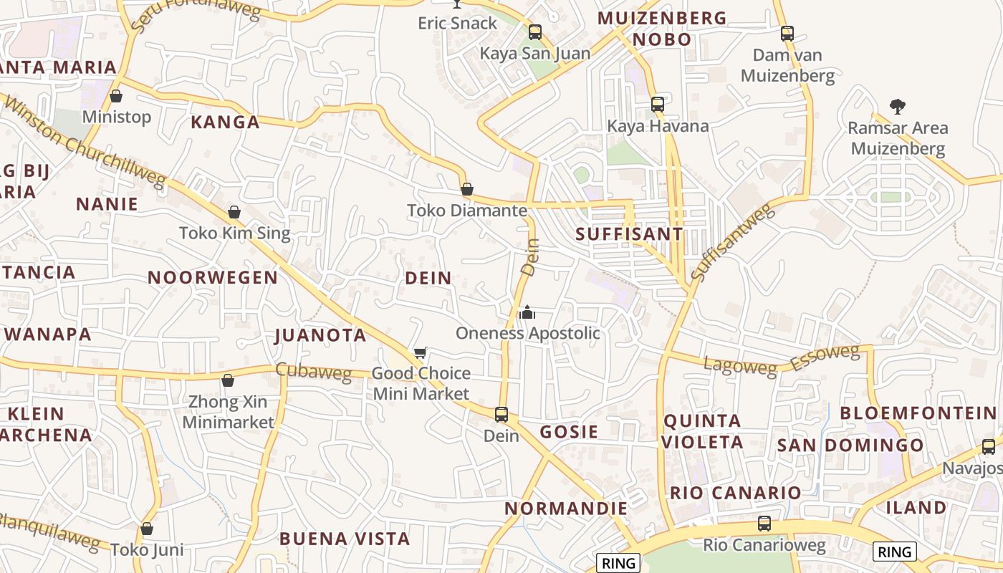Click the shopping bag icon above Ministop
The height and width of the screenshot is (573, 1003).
pyautogui.click(x=116, y=96)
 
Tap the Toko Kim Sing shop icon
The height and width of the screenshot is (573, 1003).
pyautogui.click(x=234, y=212)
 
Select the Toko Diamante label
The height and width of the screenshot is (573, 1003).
pyautogui.click(x=467, y=211)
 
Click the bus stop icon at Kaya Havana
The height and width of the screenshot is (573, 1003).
pyautogui.click(x=658, y=105)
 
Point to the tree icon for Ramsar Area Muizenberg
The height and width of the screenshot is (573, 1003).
pyautogui.click(x=897, y=107)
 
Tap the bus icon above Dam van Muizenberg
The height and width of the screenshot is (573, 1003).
pyautogui.click(x=787, y=33)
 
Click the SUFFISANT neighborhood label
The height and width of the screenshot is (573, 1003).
pyautogui.click(x=630, y=234)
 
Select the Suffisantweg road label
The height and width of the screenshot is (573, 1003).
pyautogui.click(x=733, y=241)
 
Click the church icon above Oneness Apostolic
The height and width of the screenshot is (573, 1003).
pyautogui.click(x=527, y=312)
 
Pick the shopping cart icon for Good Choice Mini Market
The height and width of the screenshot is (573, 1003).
pyautogui.click(x=421, y=352)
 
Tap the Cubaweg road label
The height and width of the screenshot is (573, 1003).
pyautogui.click(x=313, y=372)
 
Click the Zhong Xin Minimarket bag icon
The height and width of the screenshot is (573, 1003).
pyautogui.click(x=228, y=380)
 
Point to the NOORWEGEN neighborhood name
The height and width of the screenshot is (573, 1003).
pyautogui.click(x=213, y=278)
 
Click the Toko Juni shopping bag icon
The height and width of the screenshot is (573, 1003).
pyautogui.click(x=147, y=529)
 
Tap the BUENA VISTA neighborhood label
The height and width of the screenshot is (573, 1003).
pyautogui.click(x=345, y=539)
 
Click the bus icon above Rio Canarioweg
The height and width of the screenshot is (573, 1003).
pyautogui.click(x=764, y=524)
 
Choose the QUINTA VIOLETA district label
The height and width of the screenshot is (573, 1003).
pyautogui.click(x=702, y=431)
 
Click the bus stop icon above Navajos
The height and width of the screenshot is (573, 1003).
pyautogui.click(x=989, y=447)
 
